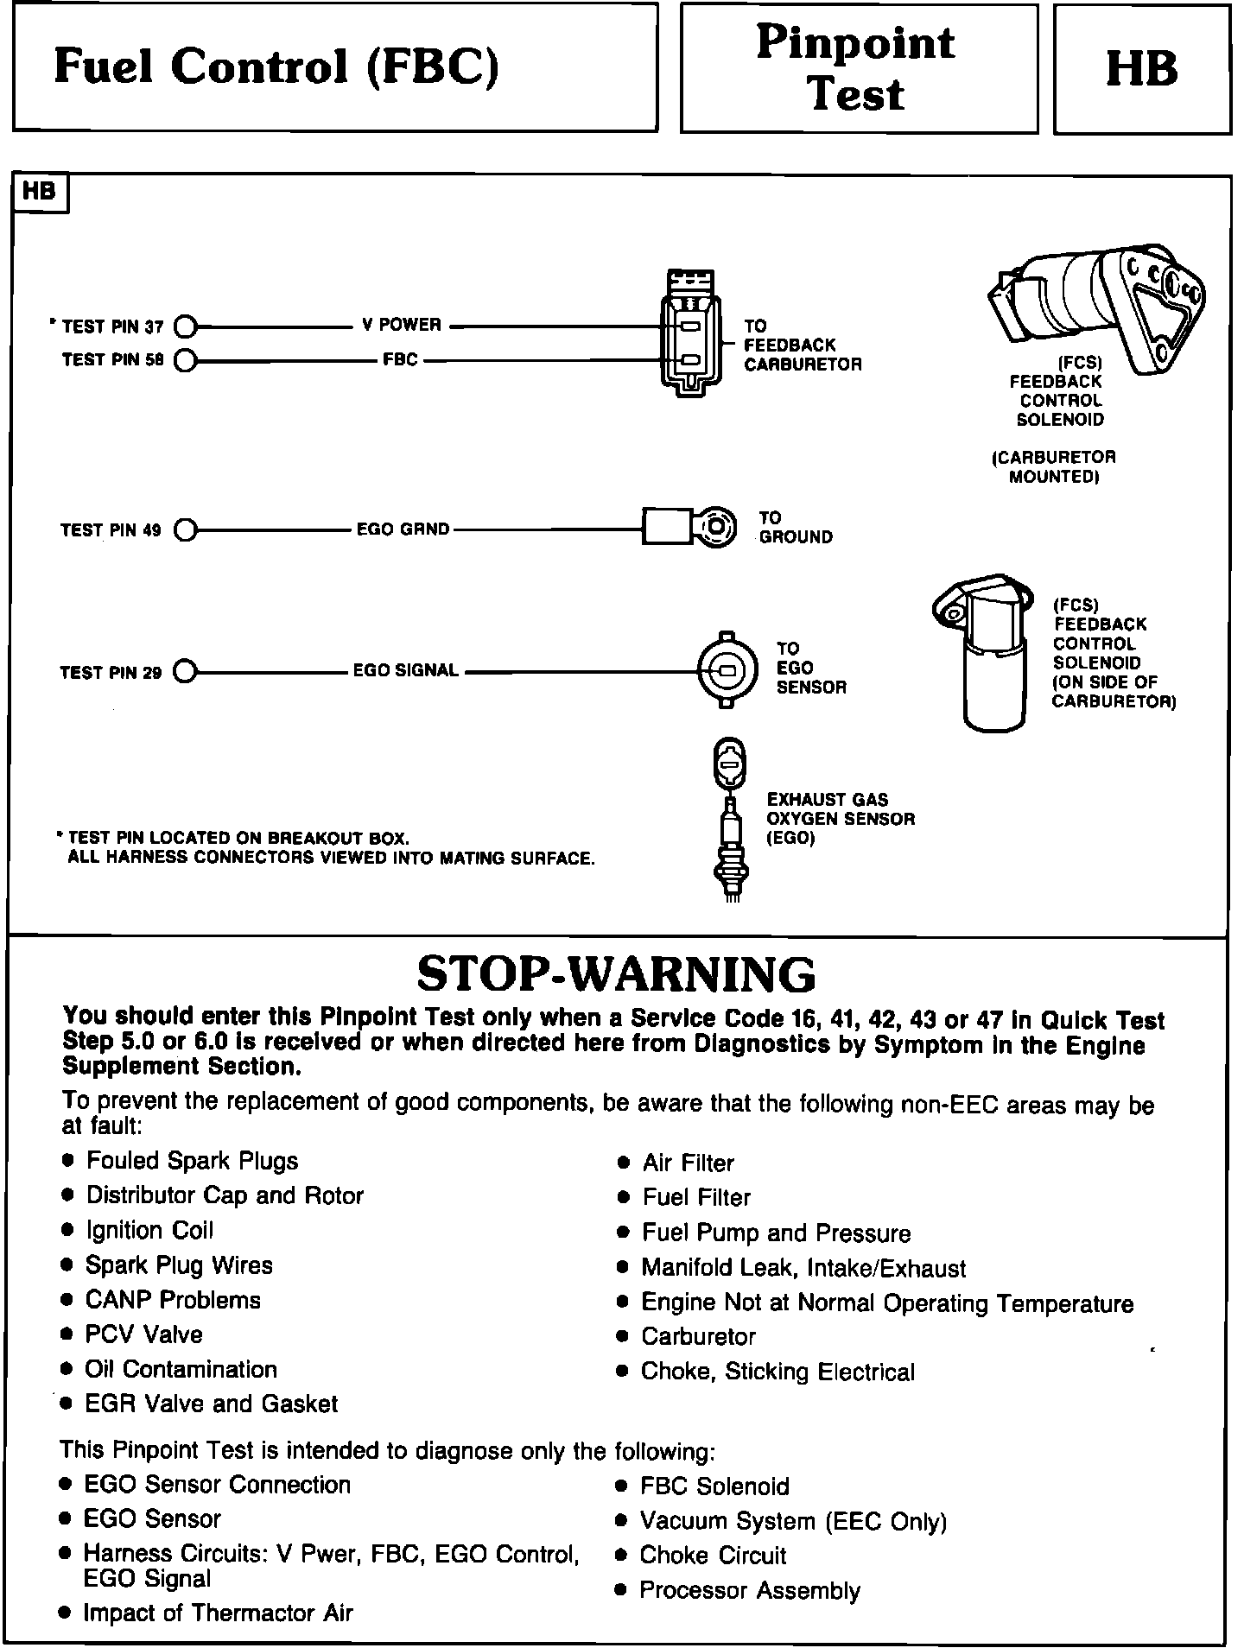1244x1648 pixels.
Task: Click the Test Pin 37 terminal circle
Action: pyautogui.click(x=186, y=327)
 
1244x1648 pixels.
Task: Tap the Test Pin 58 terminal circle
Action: pyautogui.click(x=186, y=360)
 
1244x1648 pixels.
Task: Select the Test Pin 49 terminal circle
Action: pyautogui.click(x=186, y=529)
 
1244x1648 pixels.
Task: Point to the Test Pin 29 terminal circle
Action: pyautogui.click(x=186, y=671)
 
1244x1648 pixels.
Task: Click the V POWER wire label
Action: pyautogui.click(x=402, y=325)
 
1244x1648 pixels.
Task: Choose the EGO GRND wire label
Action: pyautogui.click(x=403, y=529)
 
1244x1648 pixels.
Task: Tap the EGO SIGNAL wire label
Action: pyautogui.click(x=406, y=670)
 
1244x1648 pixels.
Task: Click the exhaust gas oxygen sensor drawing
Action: pyautogui.click(x=730, y=821)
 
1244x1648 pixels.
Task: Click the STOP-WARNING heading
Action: pyautogui.click(x=616, y=974)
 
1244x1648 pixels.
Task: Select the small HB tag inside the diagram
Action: pyautogui.click(x=40, y=192)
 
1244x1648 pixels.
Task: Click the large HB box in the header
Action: pyautogui.click(x=1142, y=69)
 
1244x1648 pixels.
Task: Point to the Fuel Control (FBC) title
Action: pyautogui.click(x=276, y=67)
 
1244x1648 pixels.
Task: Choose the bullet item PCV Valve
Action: pyautogui.click(x=143, y=1334)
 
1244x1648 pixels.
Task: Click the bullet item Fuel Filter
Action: pyautogui.click(x=696, y=1197)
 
